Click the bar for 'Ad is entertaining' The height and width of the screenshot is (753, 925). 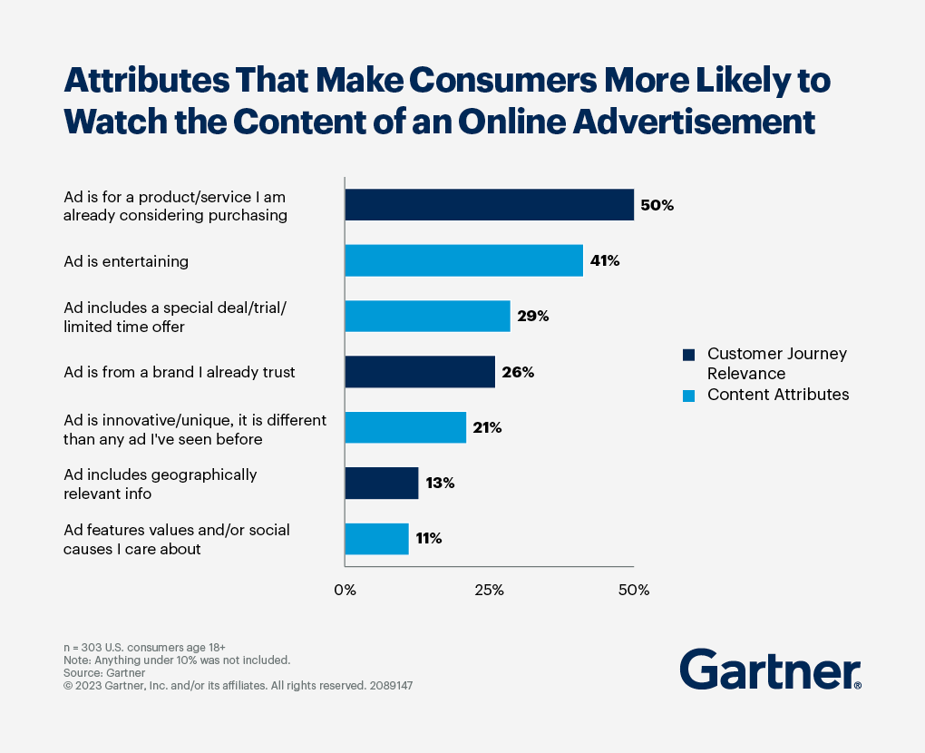[x=463, y=260]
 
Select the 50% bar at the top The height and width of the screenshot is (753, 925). [x=489, y=205]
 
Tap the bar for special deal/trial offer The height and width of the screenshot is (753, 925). [x=427, y=317]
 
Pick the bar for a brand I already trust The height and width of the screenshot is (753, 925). [x=420, y=372]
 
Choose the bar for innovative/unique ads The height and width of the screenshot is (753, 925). [x=405, y=427]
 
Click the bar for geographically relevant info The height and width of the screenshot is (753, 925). [x=382, y=483]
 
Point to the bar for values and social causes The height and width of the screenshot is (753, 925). [x=376, y=538]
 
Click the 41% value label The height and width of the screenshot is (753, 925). [x=605, y=261]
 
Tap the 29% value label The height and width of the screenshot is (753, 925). [x=532, y=317]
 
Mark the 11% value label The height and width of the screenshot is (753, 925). [x=428, y=538]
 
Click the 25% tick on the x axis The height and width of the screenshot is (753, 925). [x=489, y=591]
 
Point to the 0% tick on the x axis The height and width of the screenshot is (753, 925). [x=345, y=591]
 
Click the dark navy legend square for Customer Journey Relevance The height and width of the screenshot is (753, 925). [x=688, y=354]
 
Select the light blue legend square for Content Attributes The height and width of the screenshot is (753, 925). [x=688, y=394]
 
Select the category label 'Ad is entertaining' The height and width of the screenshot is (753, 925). [x=126, y=261]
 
